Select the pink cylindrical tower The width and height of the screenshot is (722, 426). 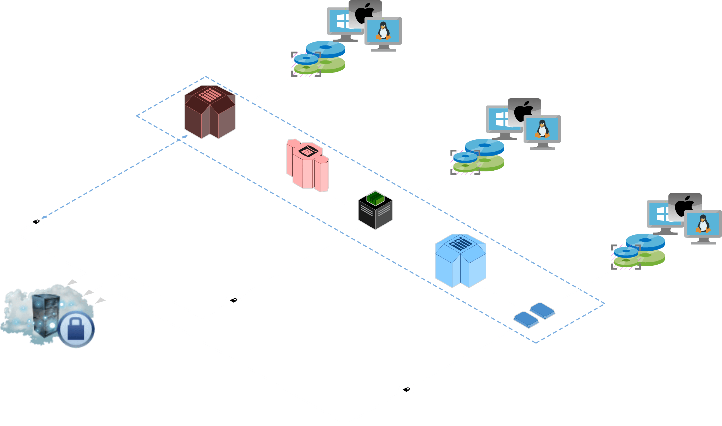308,166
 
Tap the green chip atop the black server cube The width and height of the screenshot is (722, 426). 375,198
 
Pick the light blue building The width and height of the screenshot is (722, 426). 460,261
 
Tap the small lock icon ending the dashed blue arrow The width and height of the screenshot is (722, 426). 36,222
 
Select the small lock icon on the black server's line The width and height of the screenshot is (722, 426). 234,300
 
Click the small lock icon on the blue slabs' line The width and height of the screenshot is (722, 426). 406,389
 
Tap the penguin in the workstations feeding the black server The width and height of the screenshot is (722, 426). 542,129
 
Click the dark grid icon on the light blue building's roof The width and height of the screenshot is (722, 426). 460,243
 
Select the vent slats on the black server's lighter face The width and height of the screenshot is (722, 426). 384,211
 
